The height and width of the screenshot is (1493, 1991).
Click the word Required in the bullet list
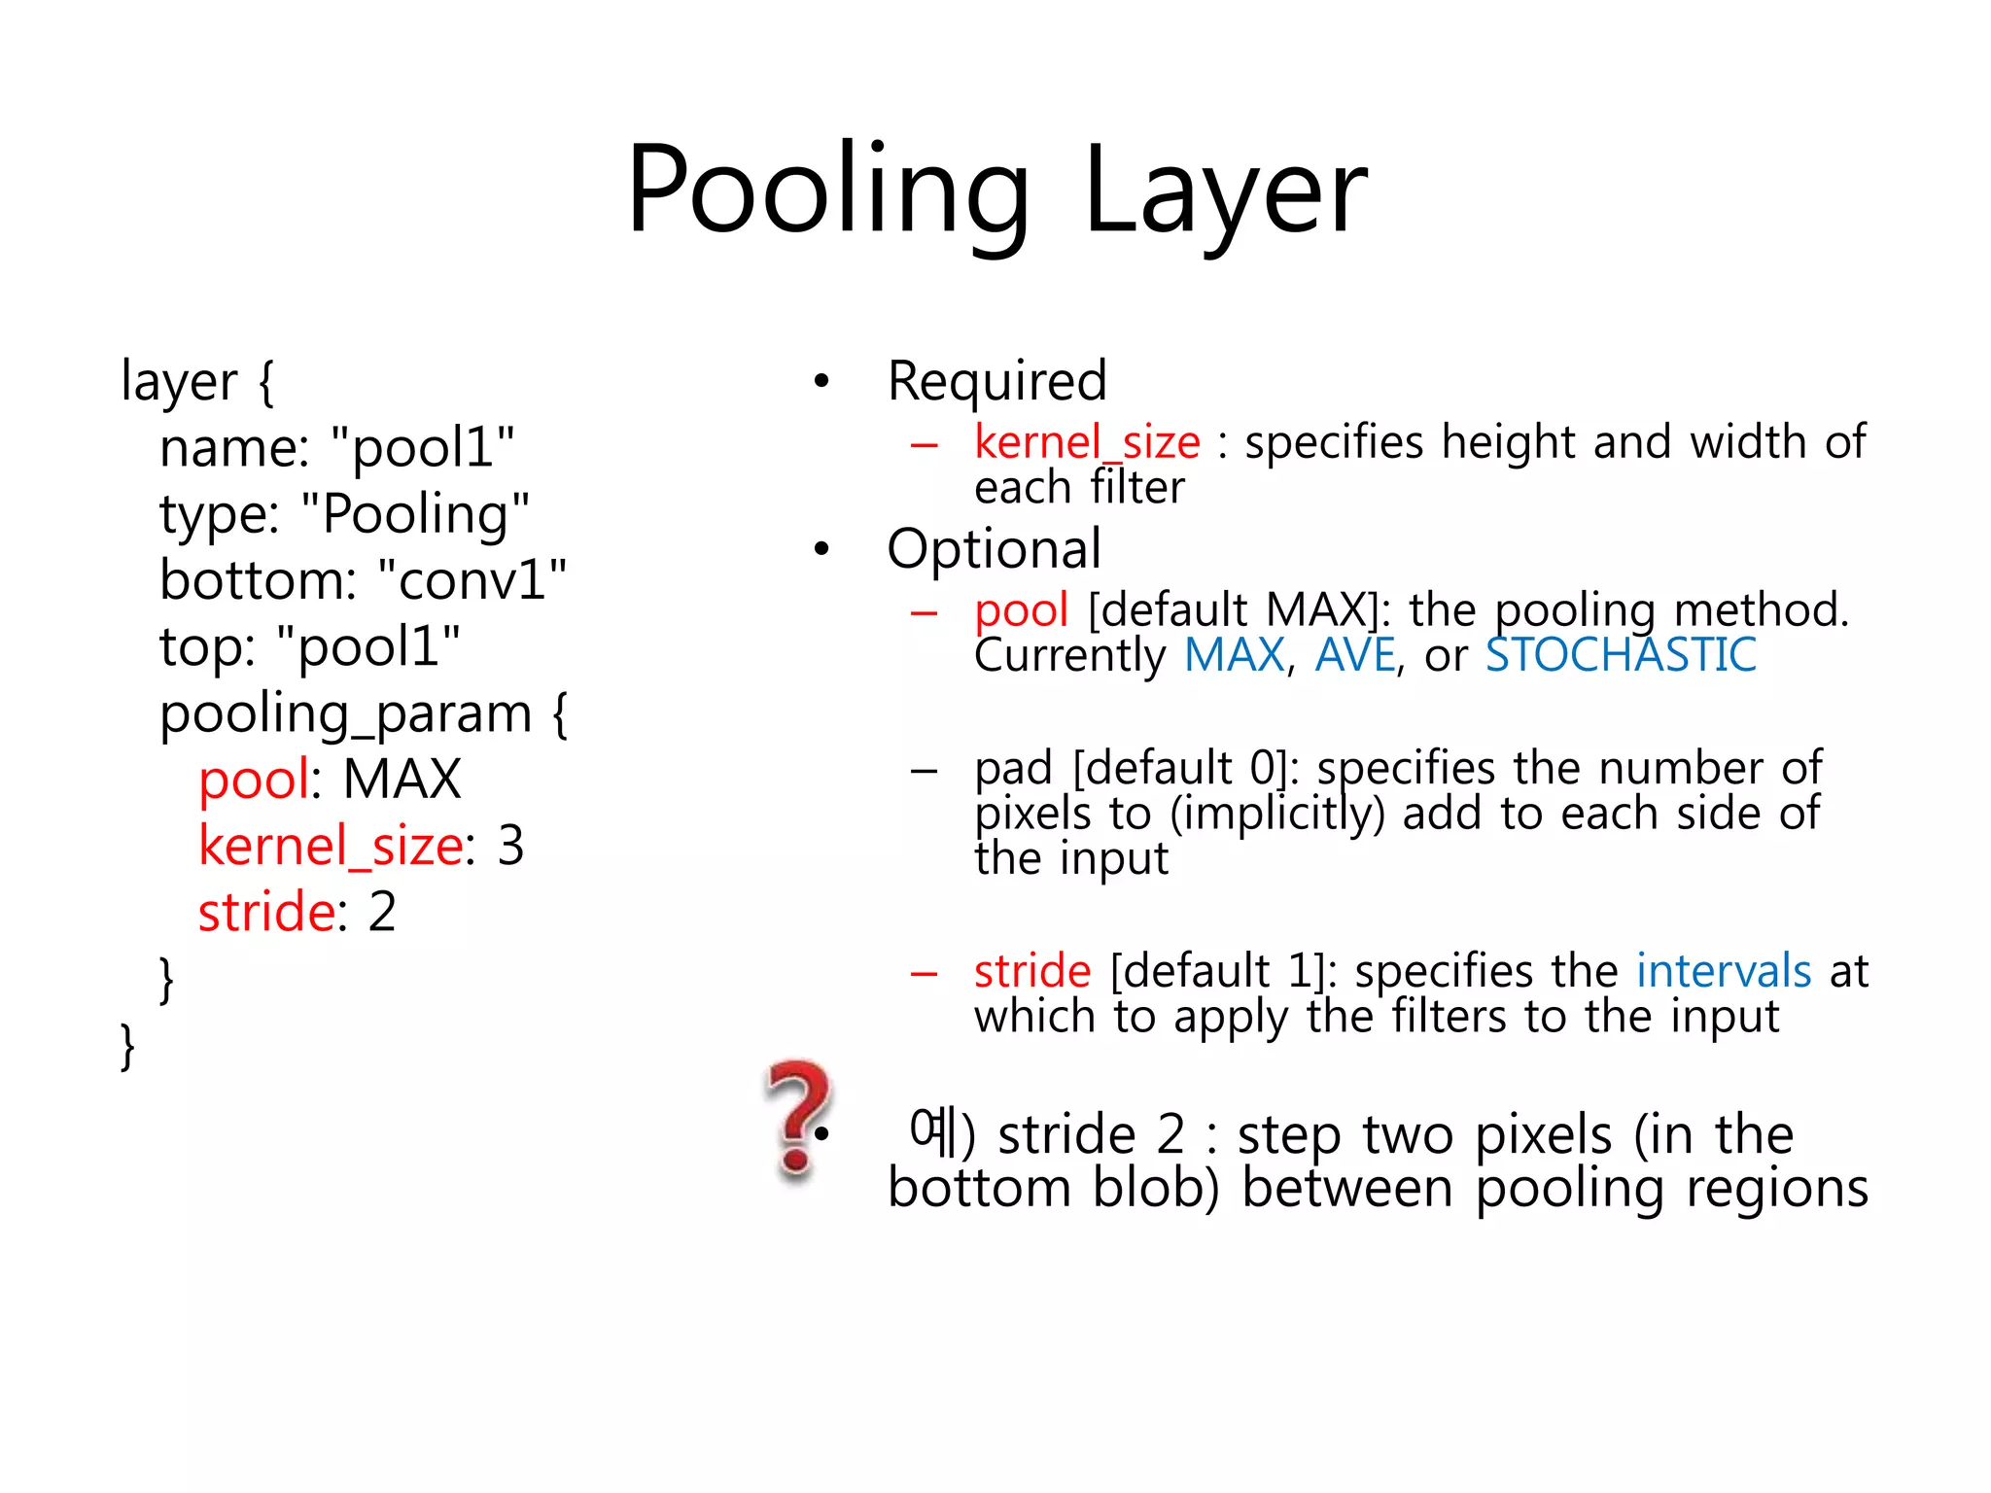coord(996,381)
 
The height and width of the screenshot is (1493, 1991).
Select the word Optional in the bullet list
coord(994,549)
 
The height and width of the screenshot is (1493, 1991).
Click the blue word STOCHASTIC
coord(1621,655)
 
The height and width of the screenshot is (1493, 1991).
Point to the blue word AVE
coord(1355,655)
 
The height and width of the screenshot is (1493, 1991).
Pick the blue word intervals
coord(1723,971)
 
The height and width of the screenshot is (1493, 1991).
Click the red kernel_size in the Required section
coord(1087,442)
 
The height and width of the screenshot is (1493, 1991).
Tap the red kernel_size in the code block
coord(331,845)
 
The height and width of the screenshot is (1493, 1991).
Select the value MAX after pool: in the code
coord(402,780)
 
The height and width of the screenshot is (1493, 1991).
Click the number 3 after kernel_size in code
coord(510,845)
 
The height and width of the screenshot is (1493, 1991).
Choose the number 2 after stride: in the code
coord(382,912)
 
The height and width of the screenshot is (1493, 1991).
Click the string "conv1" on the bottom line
coord(472,580)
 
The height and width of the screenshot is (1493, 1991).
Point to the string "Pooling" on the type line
coord(416,514)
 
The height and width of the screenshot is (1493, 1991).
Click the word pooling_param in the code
coord(345,714)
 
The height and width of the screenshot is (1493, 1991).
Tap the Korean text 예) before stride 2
coord(941,1133)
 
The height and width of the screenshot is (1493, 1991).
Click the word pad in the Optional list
coord(1013,768)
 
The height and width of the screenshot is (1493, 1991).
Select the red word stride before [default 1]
coord(1032,971)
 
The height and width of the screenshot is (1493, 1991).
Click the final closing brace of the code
coord(127,1046)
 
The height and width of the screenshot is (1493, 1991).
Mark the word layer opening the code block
coord(179,381)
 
